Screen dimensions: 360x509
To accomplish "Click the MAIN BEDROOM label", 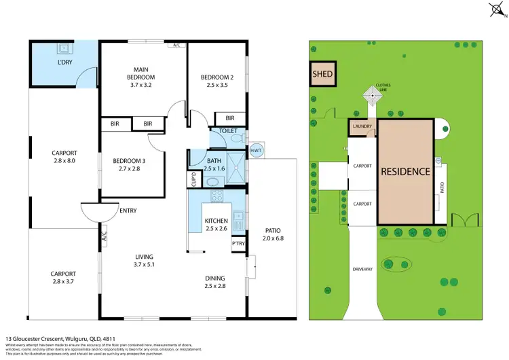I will pos(140,73).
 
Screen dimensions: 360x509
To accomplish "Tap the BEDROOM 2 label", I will pos(216,78).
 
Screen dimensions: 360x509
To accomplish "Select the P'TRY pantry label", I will pos(238,243).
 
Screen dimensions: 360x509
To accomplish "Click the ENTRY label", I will pos(128,211).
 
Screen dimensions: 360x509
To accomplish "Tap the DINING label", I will pos(216,278).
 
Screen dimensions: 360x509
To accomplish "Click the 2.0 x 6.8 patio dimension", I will pos(274,238).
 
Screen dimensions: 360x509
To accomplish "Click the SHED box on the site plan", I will pos(323,74).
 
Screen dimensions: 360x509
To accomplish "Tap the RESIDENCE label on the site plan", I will pos(405,171).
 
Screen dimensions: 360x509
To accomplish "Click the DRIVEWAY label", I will pos(362,270).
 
